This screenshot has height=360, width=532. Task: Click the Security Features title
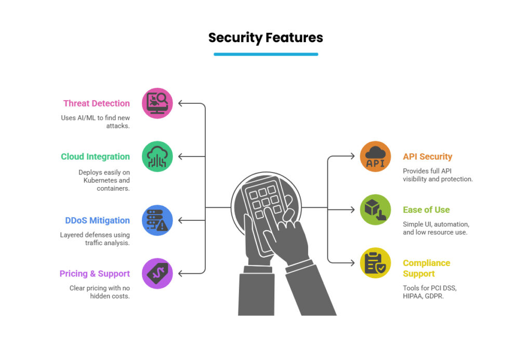pos(265,38)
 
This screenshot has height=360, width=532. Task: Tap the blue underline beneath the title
pos(265,54)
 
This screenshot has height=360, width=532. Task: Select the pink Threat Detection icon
pos(157,103)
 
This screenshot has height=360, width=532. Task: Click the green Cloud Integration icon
pos(157,156)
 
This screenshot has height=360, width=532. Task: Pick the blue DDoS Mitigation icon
pos(157,220)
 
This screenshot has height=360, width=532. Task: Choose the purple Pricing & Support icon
pos(157,273)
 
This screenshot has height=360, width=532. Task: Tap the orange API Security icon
pos(375,156)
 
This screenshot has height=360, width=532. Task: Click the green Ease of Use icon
pos(375,210)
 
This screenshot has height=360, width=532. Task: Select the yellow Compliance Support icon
pos(375,263)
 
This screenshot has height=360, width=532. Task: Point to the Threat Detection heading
pos(97,103)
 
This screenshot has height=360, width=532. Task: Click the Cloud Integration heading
pos(95,156)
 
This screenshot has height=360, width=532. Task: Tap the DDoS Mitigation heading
pos(98,220)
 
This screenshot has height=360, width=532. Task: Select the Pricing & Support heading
pos(95,273)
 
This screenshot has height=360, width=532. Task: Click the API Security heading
pos(428,156)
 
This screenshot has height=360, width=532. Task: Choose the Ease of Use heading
pos(426,210)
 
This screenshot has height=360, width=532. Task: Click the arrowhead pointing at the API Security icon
pos(352,156)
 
